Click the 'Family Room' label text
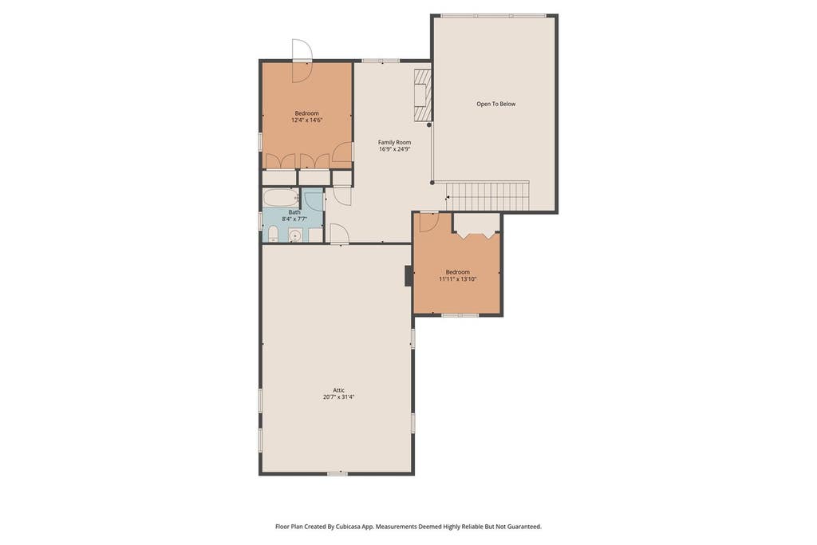394,142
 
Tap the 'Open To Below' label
496,105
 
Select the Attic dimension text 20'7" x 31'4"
338,397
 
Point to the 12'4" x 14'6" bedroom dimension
307,120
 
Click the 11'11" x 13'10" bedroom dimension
457,279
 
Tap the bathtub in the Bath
281,197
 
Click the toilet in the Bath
273,234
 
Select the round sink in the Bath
295,235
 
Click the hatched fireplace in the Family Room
423,95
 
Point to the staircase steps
489,196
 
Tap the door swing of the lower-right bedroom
429,223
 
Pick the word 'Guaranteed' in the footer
525,527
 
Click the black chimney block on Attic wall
409,275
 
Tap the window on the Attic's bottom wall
337,474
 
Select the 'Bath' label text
294,212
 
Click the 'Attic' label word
338,390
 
